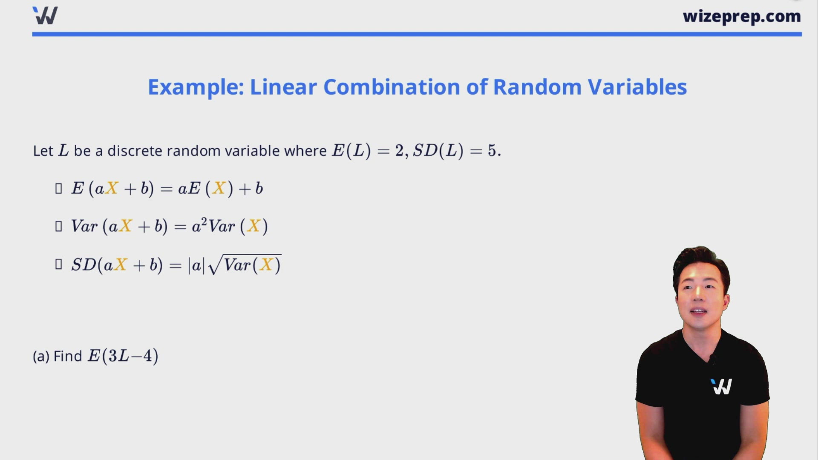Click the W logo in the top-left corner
[45, 15]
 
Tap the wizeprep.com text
[742, 17]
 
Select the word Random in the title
[537, 87]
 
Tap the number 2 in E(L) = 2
[399, 150]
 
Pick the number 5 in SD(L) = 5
[492, 150]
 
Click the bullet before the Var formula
[59, 226]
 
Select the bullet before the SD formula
[59, 264]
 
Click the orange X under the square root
[266, 265]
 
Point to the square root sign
[215, 264]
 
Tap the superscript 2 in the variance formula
[204, 221]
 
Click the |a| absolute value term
[196, 265]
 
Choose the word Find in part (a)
[68, 356]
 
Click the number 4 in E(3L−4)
[147, 356]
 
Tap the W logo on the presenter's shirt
[722, 386]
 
